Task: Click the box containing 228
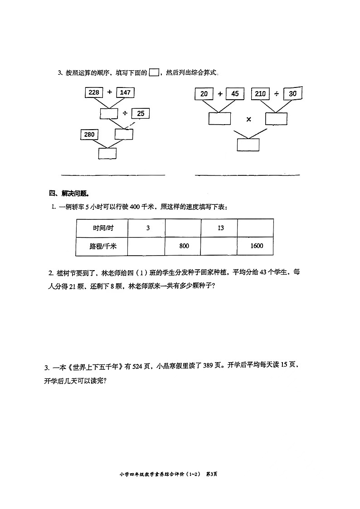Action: (94, 92)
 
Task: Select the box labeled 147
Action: (125, 92)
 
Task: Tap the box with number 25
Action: (141, 113)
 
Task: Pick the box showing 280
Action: (89, 135)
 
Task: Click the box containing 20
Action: (204, 94)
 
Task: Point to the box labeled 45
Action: (234, 94)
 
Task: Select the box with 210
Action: (260, 94)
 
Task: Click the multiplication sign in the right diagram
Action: (248, 119)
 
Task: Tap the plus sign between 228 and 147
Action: (110, 92)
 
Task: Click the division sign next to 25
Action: (125, 113)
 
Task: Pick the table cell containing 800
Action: (183, 246)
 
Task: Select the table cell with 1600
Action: (256, 246)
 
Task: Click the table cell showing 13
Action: (220, 228)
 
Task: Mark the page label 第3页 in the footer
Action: (212, 474)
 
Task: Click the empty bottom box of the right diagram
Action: (248, 145)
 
